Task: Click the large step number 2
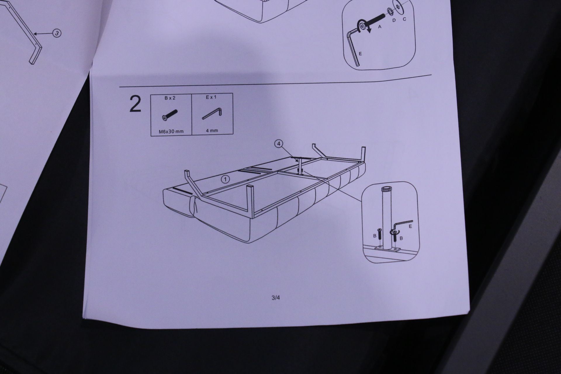click(x=135, y=105)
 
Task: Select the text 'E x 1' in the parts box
click(x=211, y=97)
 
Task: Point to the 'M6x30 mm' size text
click(x=171, y=131)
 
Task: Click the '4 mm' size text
click(x=212, y=131)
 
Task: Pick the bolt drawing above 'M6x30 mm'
click(x=169, y=115)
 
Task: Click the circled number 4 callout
click(x=279, y=143)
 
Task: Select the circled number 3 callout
click(x=57, y=33)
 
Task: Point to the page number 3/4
click(x=276, y=298)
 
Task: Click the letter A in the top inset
click(x=380, y=26)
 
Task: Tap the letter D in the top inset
click(x=394, y=20)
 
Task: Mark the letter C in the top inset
click(x=404, y=19)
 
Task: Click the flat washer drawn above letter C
click(x=398, y=6)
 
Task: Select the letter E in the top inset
click(x=360, y=54)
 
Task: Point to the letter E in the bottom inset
click(x=411, y=226)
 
